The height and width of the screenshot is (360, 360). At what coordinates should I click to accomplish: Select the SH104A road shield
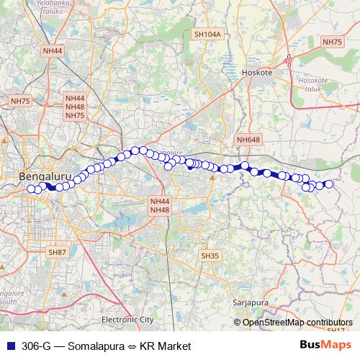pyautogui.click(x=207, y=34)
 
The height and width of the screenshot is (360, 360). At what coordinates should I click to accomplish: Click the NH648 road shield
pyautogui.click(x=248, y=139)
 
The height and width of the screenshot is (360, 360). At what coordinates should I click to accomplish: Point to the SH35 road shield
pyautogui.click(x=210, y=256)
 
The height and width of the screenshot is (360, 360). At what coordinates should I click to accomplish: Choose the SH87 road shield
pyautogui.click(x=56, y=252)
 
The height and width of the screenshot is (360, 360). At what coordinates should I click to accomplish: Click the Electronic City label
pyautogui.click(x=127, y=319)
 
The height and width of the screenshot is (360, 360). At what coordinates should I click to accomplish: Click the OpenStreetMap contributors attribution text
pyautogui.click(x=297, y=322)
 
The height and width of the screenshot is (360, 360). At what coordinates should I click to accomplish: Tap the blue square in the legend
pyautogui.click(x=9, y=346)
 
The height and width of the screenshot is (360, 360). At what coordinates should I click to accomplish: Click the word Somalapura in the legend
pyautogui.click(x=89, y=346)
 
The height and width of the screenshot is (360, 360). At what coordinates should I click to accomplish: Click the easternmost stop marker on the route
pyautogui.click(x=329, y=184)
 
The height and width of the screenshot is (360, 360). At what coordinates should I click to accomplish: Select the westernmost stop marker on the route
pyautogui.click(x=31, y=189)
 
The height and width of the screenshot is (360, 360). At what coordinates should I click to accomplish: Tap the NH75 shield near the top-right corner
pyautogui.click(x=333, y=42)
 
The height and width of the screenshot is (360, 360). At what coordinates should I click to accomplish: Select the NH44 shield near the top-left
pyautogui.click(x=53, y=51)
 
